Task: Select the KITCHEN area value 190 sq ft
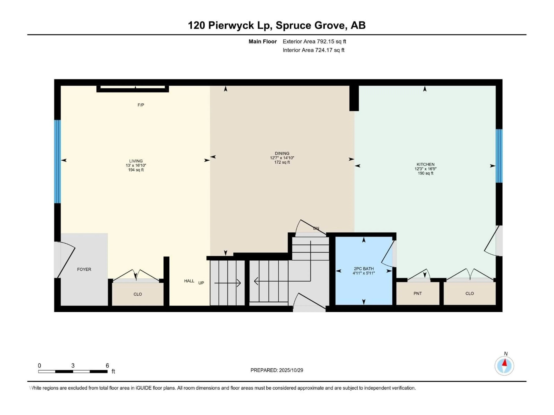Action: click(x=425, y=173)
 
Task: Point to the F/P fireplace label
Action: click(x=141, y=105)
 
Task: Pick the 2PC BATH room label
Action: click(x=364, y=269)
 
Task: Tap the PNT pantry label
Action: click(x=418, y=293)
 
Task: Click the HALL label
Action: click(x=189, y=281)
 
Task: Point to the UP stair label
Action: click(x=201, y=283)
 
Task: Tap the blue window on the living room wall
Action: click(x=58, y=161)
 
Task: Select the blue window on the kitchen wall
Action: click(x=499, y=156)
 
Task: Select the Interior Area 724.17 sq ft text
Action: click(x=313, y=50)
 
